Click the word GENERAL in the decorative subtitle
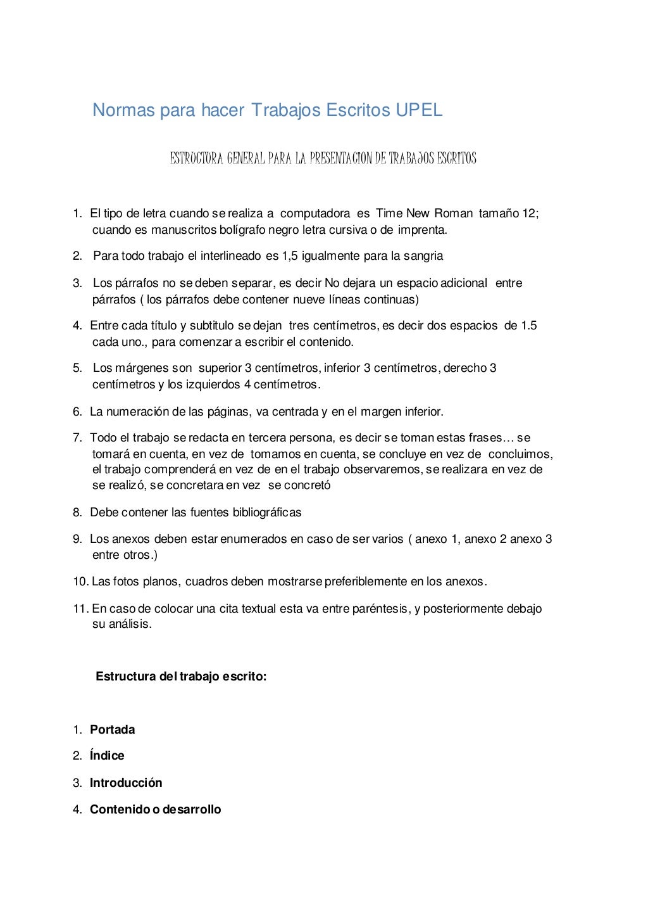[246, 158]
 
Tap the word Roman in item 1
[453, 214]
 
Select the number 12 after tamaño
[529, 214]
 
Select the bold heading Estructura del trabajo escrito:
[181, 677]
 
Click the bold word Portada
[113, 730]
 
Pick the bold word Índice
[107, 756]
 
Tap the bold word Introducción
[126, 783]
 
